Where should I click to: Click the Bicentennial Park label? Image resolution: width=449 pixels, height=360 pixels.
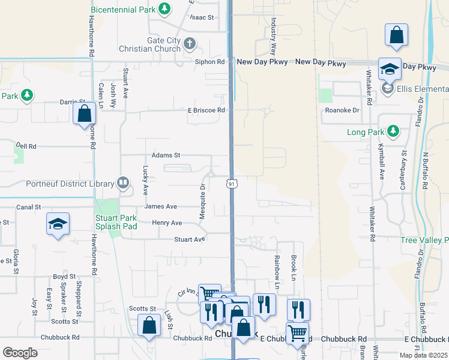coord(124,10)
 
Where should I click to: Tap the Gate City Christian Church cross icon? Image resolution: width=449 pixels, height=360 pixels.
coord(189,44)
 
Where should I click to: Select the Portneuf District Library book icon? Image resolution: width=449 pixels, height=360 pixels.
coord(123,183)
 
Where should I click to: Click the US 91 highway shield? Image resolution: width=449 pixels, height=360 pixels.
coord(231,184)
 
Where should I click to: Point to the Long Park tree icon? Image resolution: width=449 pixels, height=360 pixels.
coord(393,131)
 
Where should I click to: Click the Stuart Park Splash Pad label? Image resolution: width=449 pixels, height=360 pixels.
coord(116,222)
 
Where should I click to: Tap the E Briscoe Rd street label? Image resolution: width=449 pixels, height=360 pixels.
coord(206,110)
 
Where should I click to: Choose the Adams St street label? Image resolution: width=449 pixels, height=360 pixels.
coord(166,155)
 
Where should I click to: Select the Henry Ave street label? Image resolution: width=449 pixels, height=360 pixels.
coord(167,223)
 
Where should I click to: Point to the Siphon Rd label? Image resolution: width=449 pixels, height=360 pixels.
coord(209,62)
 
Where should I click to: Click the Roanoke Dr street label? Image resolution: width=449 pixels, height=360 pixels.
coord(342,110)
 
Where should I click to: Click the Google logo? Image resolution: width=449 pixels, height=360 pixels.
coord(20,352)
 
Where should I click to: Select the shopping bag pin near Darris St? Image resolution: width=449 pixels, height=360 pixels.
coord(85,113)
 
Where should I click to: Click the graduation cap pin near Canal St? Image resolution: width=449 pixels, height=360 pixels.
coord(58,224)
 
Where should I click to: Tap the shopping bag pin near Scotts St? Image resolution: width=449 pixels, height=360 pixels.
coord(149,326)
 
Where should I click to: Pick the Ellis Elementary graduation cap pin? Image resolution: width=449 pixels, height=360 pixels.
coord(389,69)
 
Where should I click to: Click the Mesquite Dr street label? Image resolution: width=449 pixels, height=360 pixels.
coord(202,201)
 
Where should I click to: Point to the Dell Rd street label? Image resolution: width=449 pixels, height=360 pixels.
coord(26,146)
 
